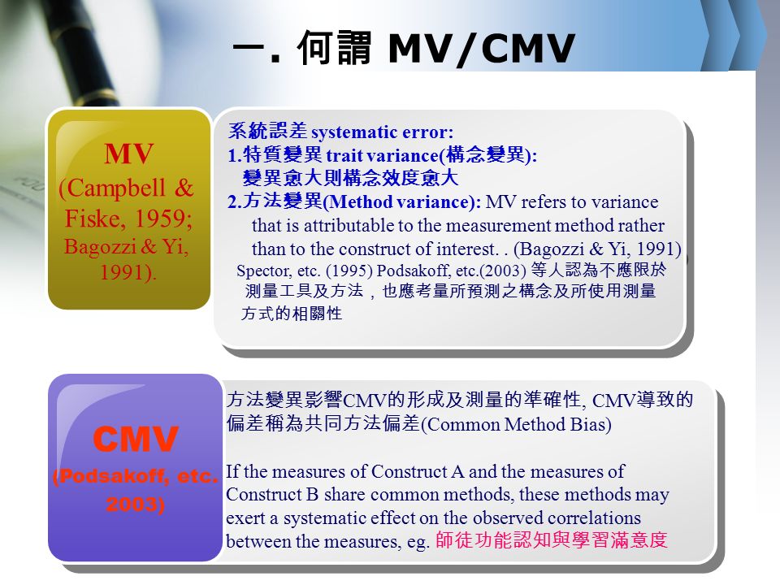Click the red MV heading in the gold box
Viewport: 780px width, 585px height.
[x=129, y=154]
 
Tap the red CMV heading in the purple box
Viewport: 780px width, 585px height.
[x=136, y=440]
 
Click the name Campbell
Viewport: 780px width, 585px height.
[x=116, y=188]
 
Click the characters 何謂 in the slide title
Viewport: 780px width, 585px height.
[x=334, y=48]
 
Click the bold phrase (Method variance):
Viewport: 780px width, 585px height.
[x=402, y=201]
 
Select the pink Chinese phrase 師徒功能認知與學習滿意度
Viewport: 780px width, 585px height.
[x=551, y=540]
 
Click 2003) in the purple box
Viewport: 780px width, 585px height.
[x=136, y=505]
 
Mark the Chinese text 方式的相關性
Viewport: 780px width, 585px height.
[x=292, y=314]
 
